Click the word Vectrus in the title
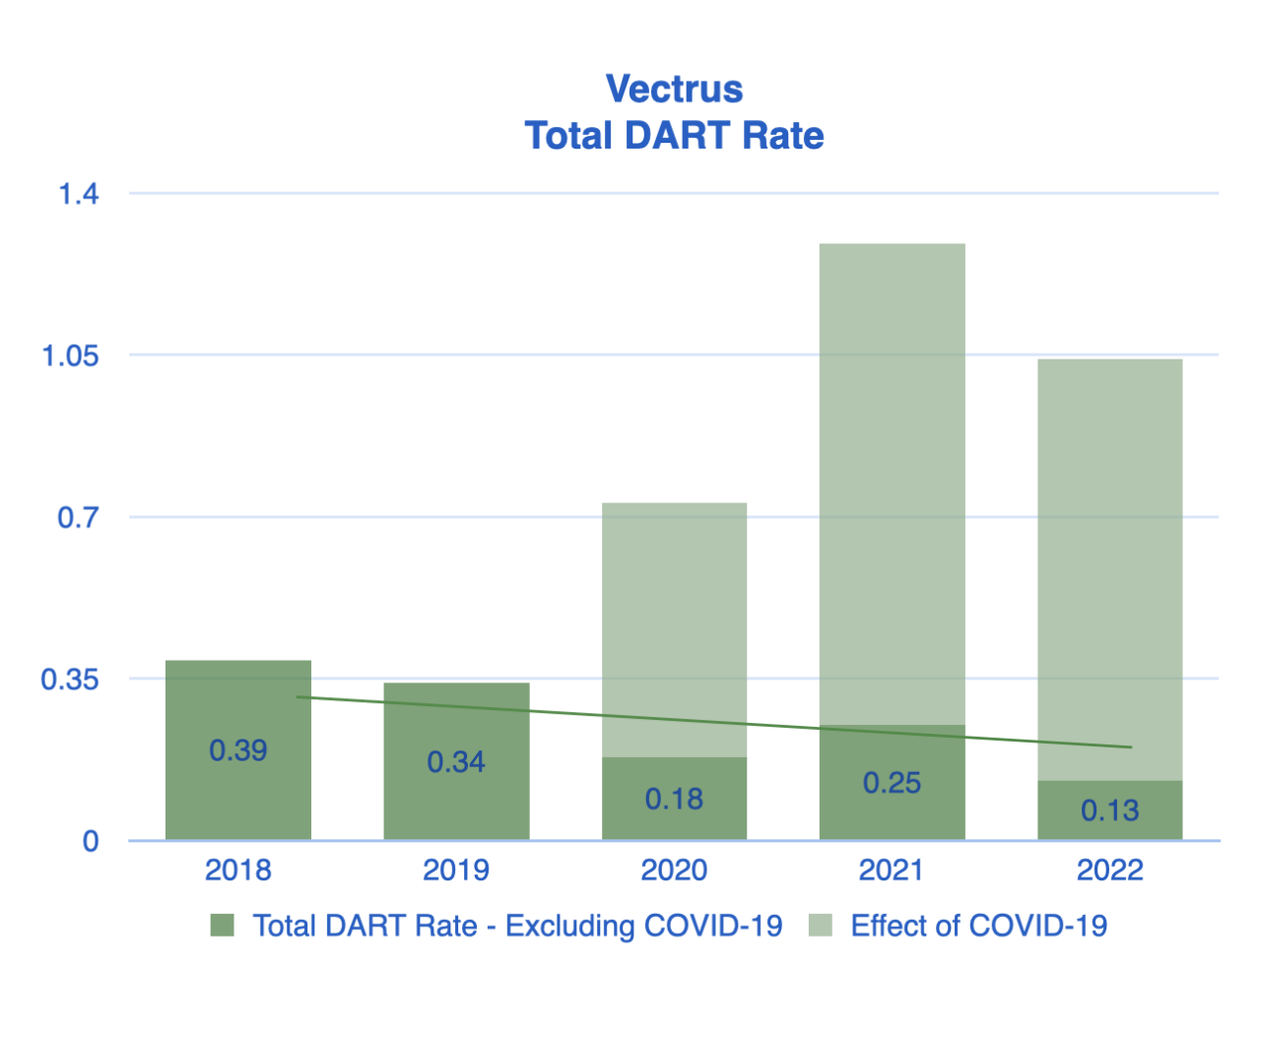[x=674, y=89]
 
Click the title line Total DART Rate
[x=674, y=135]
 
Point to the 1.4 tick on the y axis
[x=79, y=193]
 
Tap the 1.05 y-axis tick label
[x=70, y=356]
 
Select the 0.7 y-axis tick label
[x=79, y=517]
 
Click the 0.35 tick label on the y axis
[x=70, y=680]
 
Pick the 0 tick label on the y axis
[x=91, y=841]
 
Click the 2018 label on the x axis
[x=237, y=870]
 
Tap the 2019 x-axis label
[x=455, y=870]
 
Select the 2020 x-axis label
[x=674, y=870]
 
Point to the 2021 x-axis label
[x=892, y=870]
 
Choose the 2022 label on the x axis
[x=1109, y=870]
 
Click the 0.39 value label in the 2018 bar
[x=237, y=750]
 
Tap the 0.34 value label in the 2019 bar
[x=455, y=761]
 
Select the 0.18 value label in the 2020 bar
[x=674, y=799]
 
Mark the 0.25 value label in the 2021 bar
[x=892, y=783]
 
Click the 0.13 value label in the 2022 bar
[x=1109, y=810]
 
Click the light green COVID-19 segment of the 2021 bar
[x=892, y=483]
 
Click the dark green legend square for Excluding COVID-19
[x=223, y=926]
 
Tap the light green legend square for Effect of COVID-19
[x=820, y=926]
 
